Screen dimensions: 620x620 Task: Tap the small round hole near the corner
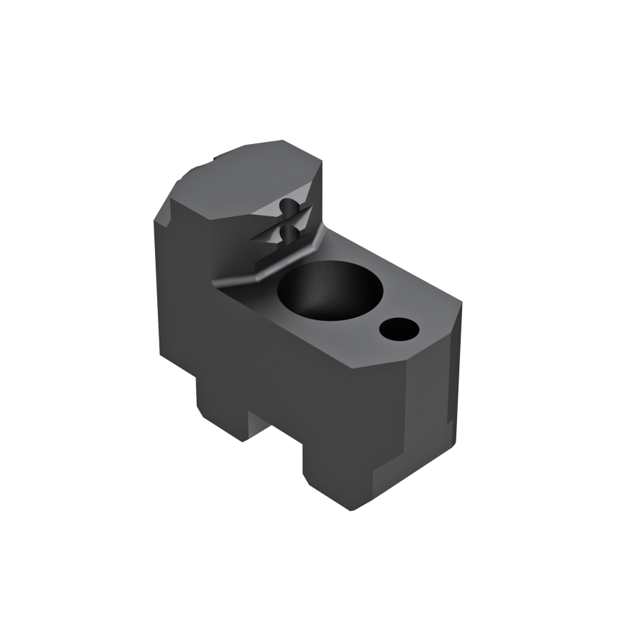tap(398, 330)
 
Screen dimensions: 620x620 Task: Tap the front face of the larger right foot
tap(339, 476)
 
